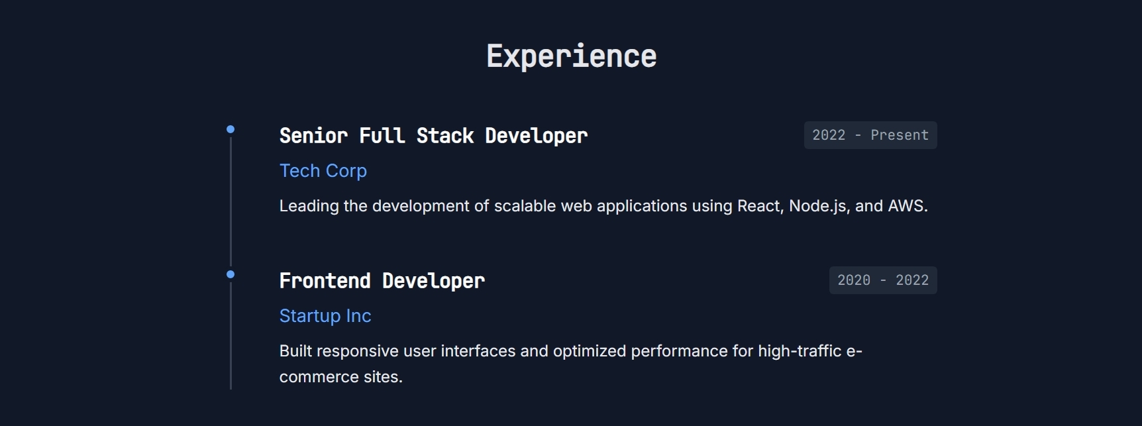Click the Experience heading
(x=572, y=56)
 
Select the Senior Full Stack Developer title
(x=433, y=136)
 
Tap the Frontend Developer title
(x=382, y=281)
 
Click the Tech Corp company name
(x=323, y=171)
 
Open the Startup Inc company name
(x=325, y=316)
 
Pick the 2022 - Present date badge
(x=870, y=135)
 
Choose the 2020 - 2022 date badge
(x=883, y=280)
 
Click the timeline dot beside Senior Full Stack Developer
(x=231, y=129)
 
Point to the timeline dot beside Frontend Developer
(x=231, y=274)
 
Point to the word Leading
(x=309, y=207)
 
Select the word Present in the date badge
(x=900, y=135)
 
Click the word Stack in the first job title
(x=445, y=136)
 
